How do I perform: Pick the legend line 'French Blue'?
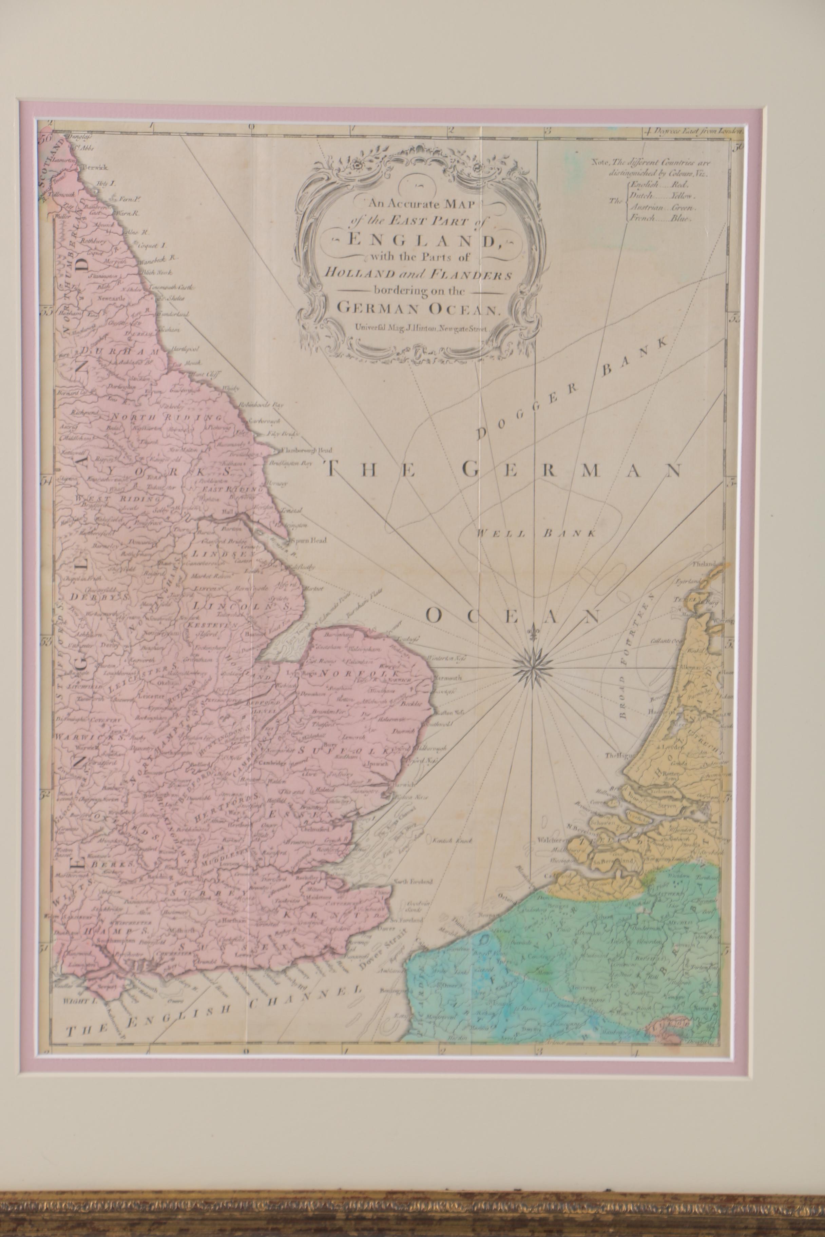pos(662,219)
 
